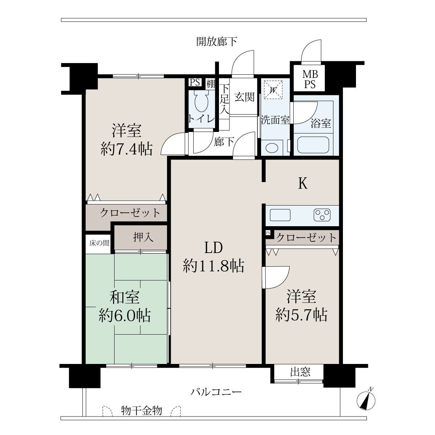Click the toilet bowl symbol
201,101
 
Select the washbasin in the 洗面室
272,148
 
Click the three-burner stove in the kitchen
322,215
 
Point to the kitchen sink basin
280,215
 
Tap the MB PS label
310,79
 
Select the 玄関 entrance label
244,97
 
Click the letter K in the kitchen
303,183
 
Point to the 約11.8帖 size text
214,266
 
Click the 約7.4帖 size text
126,149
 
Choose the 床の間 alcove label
99,243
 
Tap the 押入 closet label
143,237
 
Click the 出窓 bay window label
300,372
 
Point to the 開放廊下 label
216,42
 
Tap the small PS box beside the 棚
195,82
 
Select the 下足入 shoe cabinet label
224,99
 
